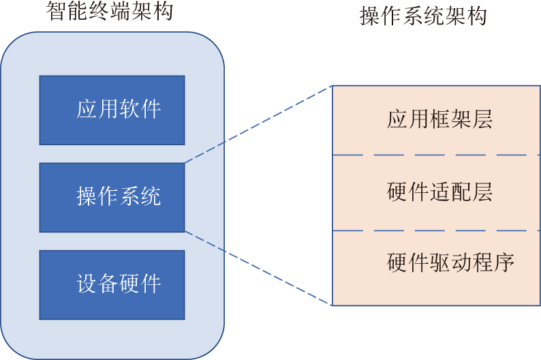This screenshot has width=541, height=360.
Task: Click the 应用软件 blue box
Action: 112,110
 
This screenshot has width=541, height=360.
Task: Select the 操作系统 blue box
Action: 112,197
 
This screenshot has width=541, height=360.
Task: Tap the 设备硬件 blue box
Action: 112,284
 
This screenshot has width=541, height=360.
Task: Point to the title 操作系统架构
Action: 423,16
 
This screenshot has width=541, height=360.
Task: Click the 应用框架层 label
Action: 439,120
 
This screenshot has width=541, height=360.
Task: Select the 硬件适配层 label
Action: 439,192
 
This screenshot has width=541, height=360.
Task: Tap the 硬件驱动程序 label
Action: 450,262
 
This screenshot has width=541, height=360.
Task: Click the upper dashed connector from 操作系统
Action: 258,124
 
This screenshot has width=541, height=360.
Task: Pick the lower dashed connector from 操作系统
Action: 258,267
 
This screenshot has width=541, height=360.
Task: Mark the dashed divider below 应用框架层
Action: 436,155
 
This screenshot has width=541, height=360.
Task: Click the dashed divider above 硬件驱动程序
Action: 436,230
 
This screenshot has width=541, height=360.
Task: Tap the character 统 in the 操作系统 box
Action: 151,197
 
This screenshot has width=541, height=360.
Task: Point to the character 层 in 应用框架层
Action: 482,120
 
